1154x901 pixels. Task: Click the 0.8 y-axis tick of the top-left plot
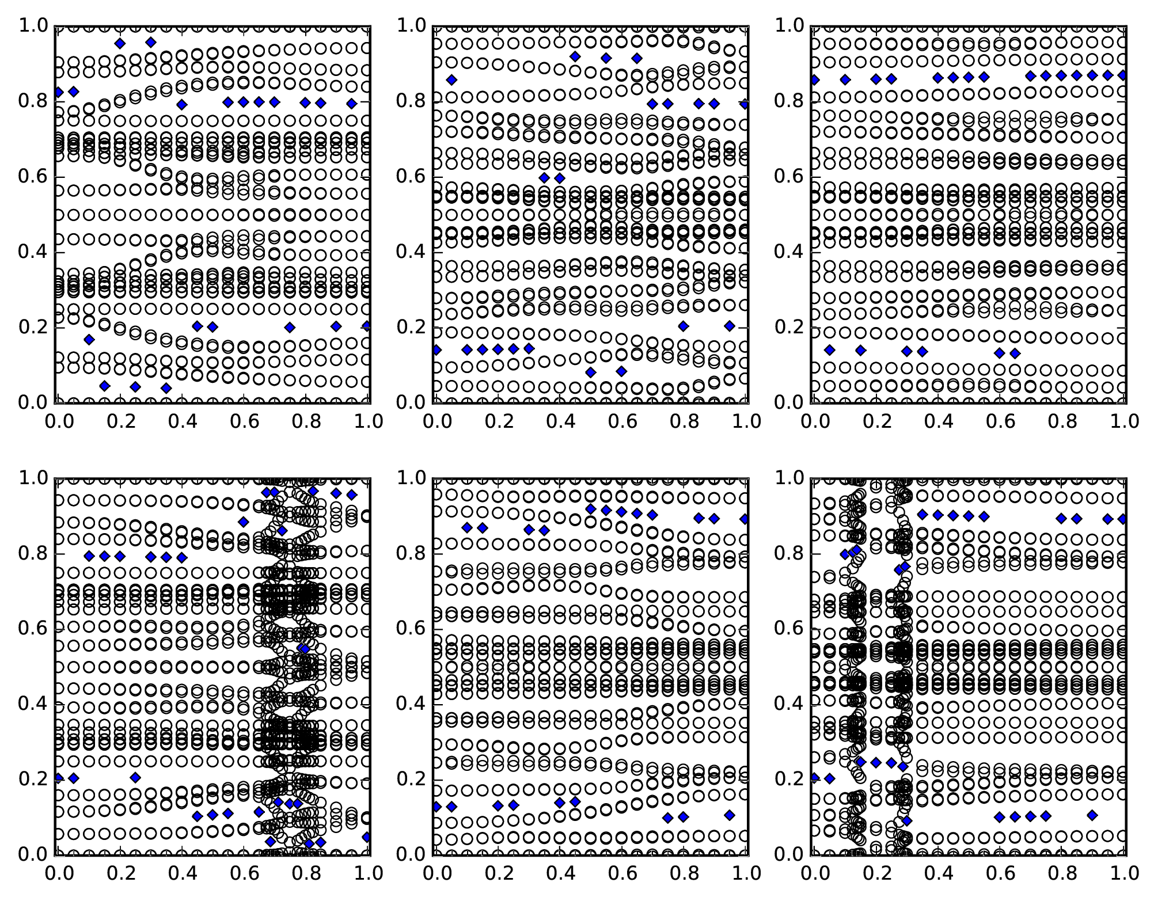[x=55, y=102]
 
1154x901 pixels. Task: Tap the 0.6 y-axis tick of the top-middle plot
[x=433, y=177]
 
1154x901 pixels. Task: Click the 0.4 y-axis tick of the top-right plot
[x=812, y=252]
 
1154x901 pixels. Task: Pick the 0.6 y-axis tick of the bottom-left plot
[x=55, y=629]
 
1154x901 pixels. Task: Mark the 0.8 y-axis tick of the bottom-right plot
[x=812, y=554]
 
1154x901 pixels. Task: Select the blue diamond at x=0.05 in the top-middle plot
[x=451, y=79]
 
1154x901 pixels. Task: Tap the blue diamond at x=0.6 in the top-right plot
[x=999, y=353]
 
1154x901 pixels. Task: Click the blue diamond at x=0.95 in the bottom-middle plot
[x=730, y=815]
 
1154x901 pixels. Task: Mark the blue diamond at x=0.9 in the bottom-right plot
[x=1092, y=815]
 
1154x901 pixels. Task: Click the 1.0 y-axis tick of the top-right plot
[x=812, y=26]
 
